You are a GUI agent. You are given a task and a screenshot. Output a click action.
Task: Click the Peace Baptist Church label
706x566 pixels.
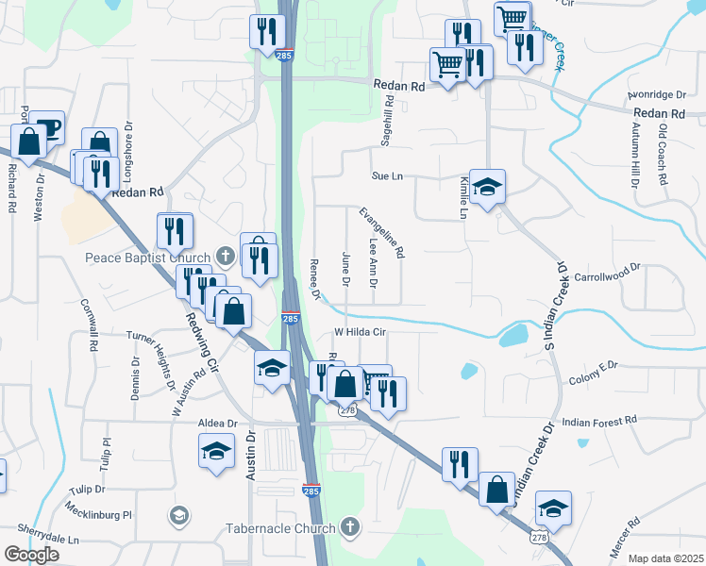pyautogui.click(x=147, y=257)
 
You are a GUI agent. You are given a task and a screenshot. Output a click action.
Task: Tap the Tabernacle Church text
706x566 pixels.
pyautogui.click(x=280, y=527)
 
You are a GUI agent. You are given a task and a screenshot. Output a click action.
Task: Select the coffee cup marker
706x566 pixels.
pyautogui.click(x=46, y=127)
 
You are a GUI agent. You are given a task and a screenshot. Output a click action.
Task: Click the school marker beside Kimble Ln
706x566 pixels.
pyautogui.click(x=488, y=188)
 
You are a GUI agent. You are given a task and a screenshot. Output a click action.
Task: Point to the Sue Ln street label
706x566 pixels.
pyautogui.click(x=387, y=176)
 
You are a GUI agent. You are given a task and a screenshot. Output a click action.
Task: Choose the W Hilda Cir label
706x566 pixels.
pyautogui.click(x=361, y=332)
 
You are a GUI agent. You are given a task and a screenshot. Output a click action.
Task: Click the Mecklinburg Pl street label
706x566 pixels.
pyautogui.click(x=99, y=515)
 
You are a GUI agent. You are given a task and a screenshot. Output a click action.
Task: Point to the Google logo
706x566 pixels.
pyautogui.click(x=32, y=554)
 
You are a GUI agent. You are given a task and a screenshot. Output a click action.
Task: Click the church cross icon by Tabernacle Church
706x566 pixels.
pyautogui.click(x=350, y=526)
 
